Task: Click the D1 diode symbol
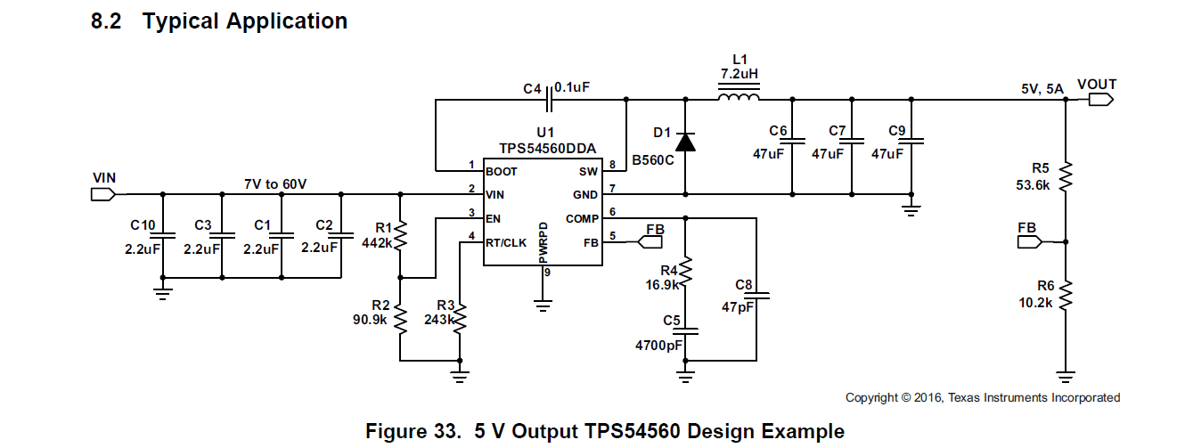[x=685, y=142]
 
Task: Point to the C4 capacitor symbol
[x=550, y=103]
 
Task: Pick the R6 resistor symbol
[x=1066, y=295]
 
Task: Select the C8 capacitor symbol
[x=757, y=295]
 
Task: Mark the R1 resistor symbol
[x=400, y=235]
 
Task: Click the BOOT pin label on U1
[x=502, y=170]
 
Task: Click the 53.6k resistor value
[x=1034, y=186]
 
